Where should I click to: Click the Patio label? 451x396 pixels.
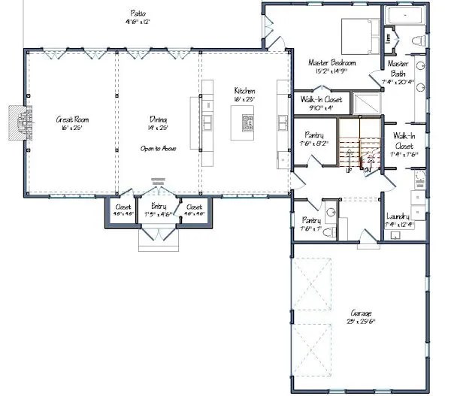(138, 14)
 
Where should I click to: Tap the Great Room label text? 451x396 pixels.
(72, 119)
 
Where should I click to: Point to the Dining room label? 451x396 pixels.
(157, 119)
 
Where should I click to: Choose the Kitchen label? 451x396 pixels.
(245, 90)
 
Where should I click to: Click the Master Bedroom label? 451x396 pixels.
(334, 63)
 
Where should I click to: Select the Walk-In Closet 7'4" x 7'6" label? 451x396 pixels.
(404, 141)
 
